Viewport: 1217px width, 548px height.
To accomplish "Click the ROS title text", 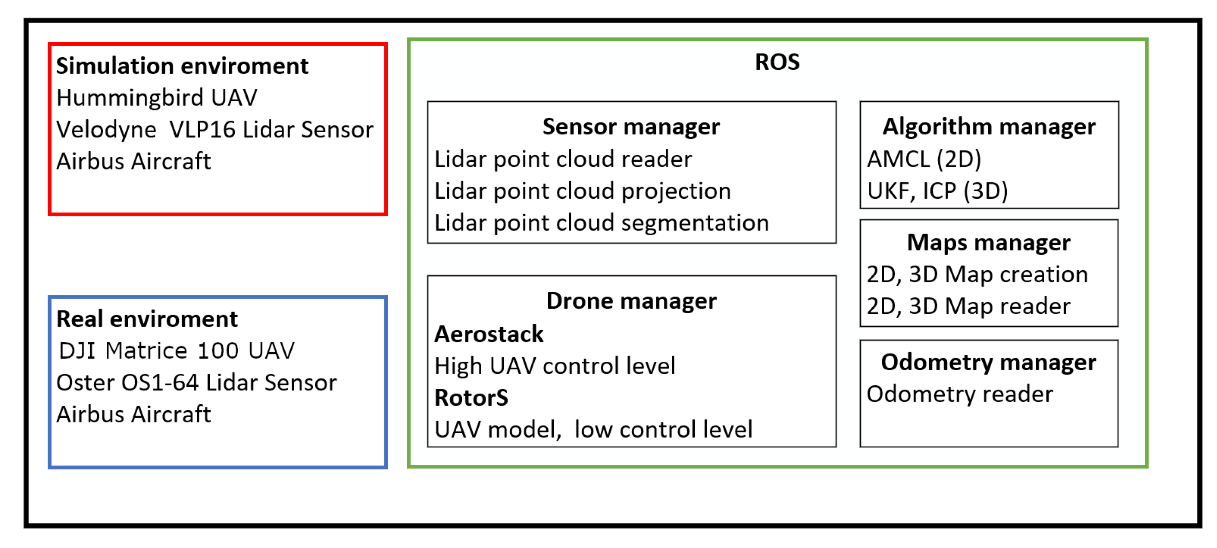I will pyautogui.click(x=777, y=62).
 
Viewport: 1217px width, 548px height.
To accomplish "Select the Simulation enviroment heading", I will pyautogui.click(x=182, y=66).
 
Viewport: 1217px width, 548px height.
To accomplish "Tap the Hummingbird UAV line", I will pyautogui.click(x=156, y=98).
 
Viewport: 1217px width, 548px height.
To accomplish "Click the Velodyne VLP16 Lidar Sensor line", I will pyautogui.click(x=214, y=129).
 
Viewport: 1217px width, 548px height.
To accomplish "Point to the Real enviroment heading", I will pyautogui.click(x=147, y=319).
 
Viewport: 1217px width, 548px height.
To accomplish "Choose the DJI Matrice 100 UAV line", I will pyautogui.click(x=176, y=351).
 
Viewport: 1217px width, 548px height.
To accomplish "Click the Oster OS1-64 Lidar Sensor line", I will pyautogui.click(x=196, y=382).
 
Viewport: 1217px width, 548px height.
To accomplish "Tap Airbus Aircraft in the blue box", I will pyautogui.click(x=133, y=414).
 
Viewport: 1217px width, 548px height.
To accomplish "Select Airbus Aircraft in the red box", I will pyautogui.click(x=133, y=161).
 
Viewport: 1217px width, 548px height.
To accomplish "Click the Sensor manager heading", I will pyautogui.click(x=631, y=127).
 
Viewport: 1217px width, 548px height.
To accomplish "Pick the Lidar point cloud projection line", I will pyautogui.click(x=582, y=191).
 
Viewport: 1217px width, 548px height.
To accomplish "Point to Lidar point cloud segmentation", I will pyautogui.click(x=601, y=223).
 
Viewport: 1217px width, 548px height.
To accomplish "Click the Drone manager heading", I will pyautogui.click(x=631, y=301).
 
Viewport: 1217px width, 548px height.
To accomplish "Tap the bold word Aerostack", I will pyautogui.click(x=489, y=334).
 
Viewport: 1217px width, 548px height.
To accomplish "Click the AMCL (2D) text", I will pyautogui.click(x=924, y=159).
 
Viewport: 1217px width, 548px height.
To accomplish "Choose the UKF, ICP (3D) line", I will pyautogui.click(x=937, y=191).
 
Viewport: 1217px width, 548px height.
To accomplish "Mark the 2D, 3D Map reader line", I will pyautogui.click(x=968, y=306).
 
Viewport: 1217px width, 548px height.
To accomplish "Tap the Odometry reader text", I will pyautogui.click(x=960, y=394).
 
